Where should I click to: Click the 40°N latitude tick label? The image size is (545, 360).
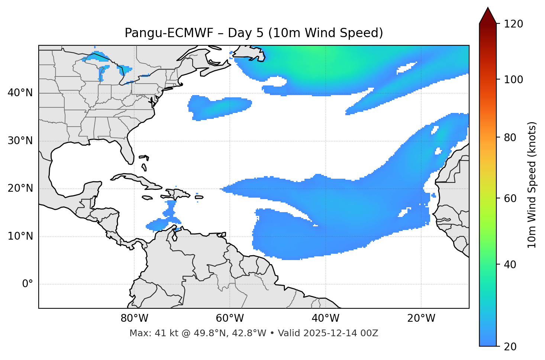click(20, 93)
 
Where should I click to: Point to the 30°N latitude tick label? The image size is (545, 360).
click(20, 141)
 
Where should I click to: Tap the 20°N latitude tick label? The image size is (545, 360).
click(20, 188)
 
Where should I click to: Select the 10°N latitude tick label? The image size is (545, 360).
click(20, 236)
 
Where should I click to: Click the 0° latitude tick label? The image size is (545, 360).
click(28, 284)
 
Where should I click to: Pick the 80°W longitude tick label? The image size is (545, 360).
click(134, 318)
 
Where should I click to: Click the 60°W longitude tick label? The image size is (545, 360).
click(230, 318)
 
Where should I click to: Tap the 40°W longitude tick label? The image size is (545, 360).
click(325, 318)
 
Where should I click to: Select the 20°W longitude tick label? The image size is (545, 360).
click(421, 318)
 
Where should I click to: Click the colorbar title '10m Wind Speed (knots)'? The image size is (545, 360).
click(532, 185)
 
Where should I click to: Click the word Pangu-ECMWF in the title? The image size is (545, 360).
click(169, 33)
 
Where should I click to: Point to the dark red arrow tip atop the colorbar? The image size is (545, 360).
click(488, 15)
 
